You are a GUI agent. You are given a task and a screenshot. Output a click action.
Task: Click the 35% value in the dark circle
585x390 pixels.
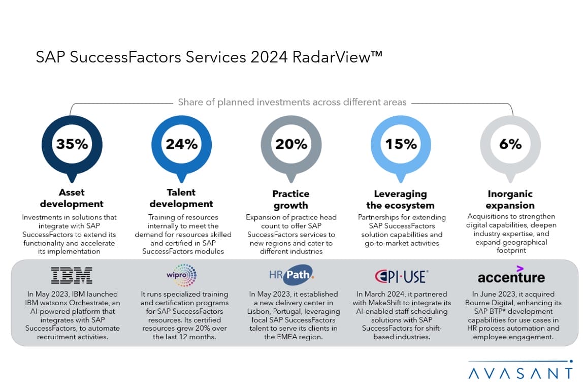point(72,144)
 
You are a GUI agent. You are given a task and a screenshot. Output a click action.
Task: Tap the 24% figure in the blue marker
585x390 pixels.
point(181,144)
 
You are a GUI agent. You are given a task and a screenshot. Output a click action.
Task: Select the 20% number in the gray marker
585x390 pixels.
point(291,144)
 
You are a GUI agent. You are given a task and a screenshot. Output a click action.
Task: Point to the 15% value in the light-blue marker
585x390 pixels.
point(401,144)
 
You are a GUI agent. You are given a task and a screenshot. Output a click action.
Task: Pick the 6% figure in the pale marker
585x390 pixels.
point(510,144)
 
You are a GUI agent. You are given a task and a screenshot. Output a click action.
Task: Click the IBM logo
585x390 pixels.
point(72,276)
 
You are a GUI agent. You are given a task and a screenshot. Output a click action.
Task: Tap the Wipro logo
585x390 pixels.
point(181,275)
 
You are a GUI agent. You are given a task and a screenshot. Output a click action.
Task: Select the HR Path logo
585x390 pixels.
point(291,275)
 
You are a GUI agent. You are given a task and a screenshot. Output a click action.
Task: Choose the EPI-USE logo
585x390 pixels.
point(401,276)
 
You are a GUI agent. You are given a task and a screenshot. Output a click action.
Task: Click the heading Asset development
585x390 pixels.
point(72,198)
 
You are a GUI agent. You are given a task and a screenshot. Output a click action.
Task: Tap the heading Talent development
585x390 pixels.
point(181,198)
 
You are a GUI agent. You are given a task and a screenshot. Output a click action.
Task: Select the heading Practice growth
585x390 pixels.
point(291,199)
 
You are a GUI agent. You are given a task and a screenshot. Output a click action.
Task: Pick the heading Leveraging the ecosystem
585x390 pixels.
point(401,199)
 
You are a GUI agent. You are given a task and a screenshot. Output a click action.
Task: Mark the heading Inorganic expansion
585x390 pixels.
point(510,199)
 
